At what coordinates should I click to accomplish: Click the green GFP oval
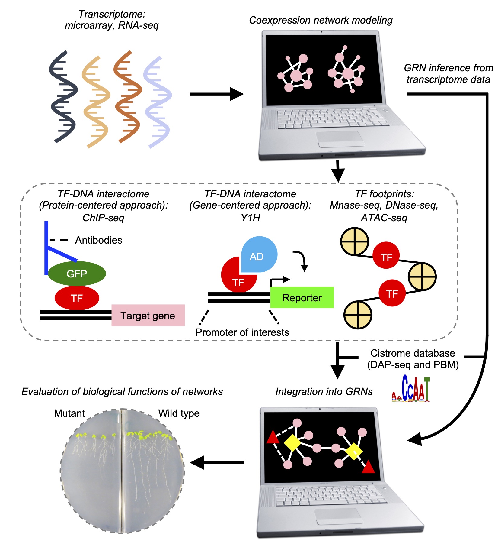pos(77,274)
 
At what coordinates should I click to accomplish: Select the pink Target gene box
pos(148,315)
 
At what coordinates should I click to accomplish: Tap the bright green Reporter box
pos(302,298)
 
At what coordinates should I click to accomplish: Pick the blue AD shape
pos(259,254)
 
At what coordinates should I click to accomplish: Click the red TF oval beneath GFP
pos(77,298)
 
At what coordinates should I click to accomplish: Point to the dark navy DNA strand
pos(63,97)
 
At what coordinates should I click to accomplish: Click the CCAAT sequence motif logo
pos(411,389)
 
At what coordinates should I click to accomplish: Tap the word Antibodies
pos(99,240)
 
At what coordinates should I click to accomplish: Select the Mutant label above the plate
pos(69,413)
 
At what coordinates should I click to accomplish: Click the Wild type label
pos(179,413)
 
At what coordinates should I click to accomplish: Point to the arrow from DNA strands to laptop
pos(216,94)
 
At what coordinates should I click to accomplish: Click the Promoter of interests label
pos(242,332)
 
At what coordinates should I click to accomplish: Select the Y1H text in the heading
pos(250,218)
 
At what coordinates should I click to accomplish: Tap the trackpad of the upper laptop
pos(340,139)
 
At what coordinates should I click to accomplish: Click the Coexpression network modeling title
pos(321,20)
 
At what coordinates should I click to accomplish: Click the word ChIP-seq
pos(103,218)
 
